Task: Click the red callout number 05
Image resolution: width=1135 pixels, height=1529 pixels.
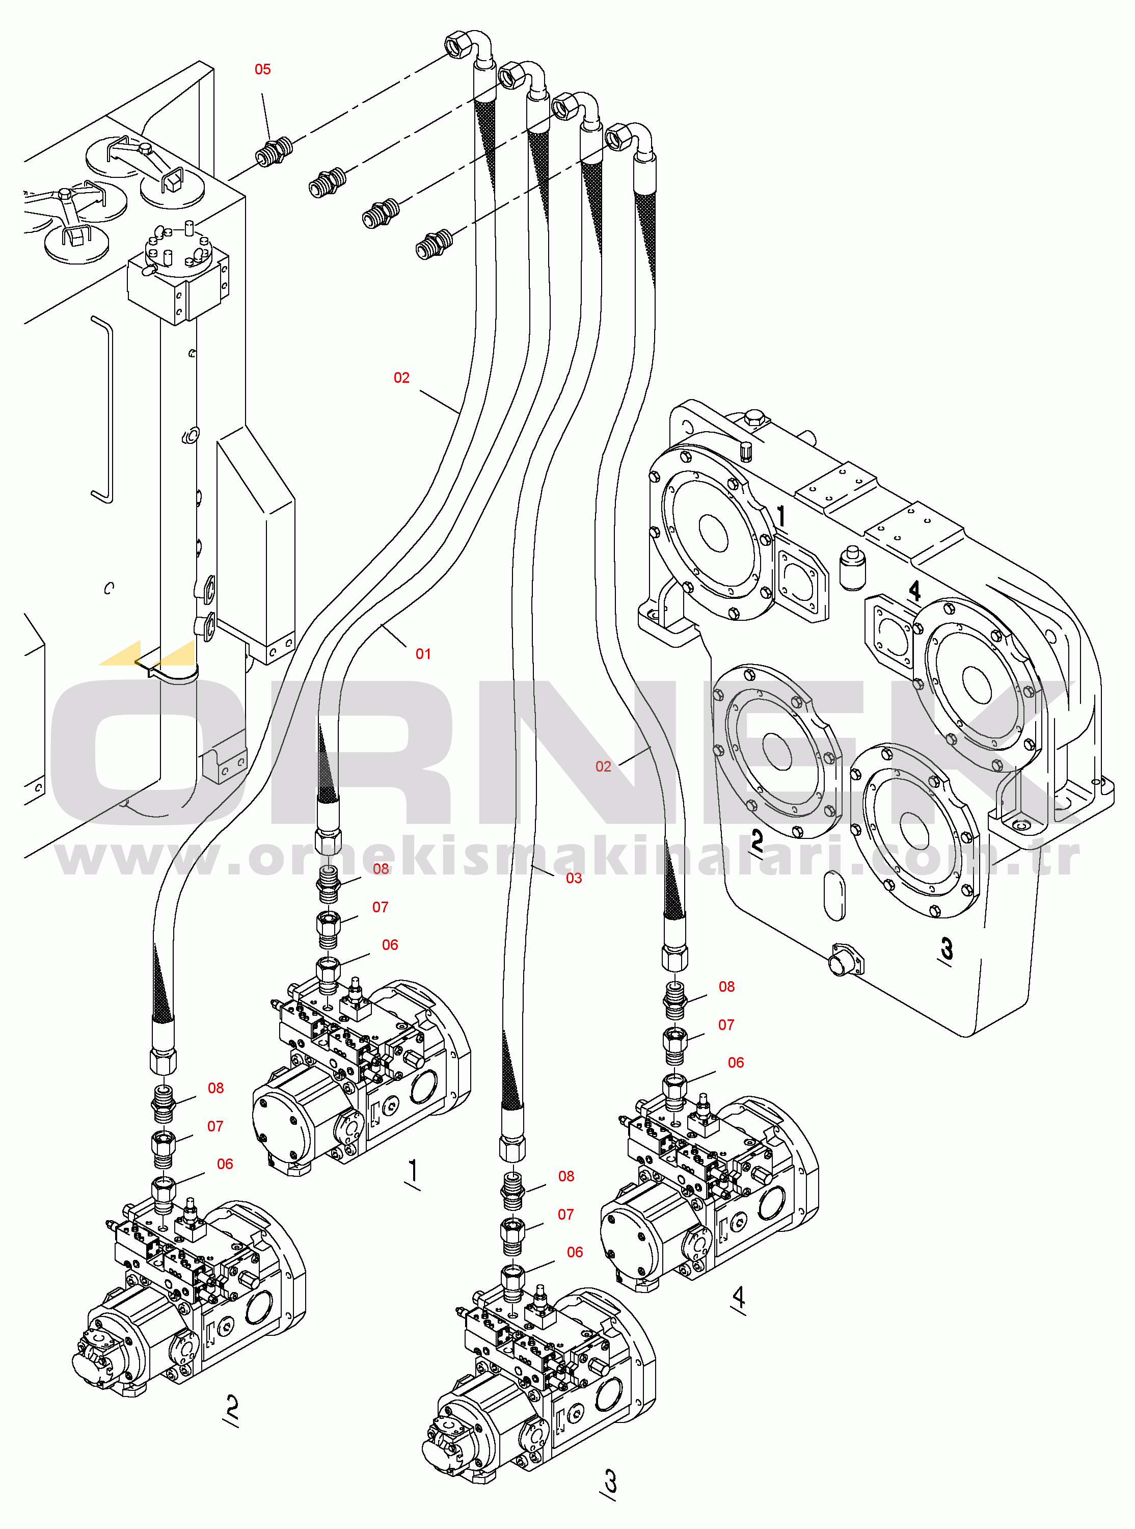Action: (262, 69)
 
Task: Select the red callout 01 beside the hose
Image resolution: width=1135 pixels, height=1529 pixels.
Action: (423, 654)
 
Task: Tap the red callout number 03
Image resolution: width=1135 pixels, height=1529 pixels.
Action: (574, 878)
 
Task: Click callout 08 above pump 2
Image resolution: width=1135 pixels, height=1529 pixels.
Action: (215, 1088)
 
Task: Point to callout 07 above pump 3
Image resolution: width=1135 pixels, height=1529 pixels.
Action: (565, 1214)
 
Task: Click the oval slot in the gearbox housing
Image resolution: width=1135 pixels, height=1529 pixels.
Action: (833, 895)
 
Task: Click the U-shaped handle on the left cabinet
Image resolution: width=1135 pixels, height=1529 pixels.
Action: (103, 409)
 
